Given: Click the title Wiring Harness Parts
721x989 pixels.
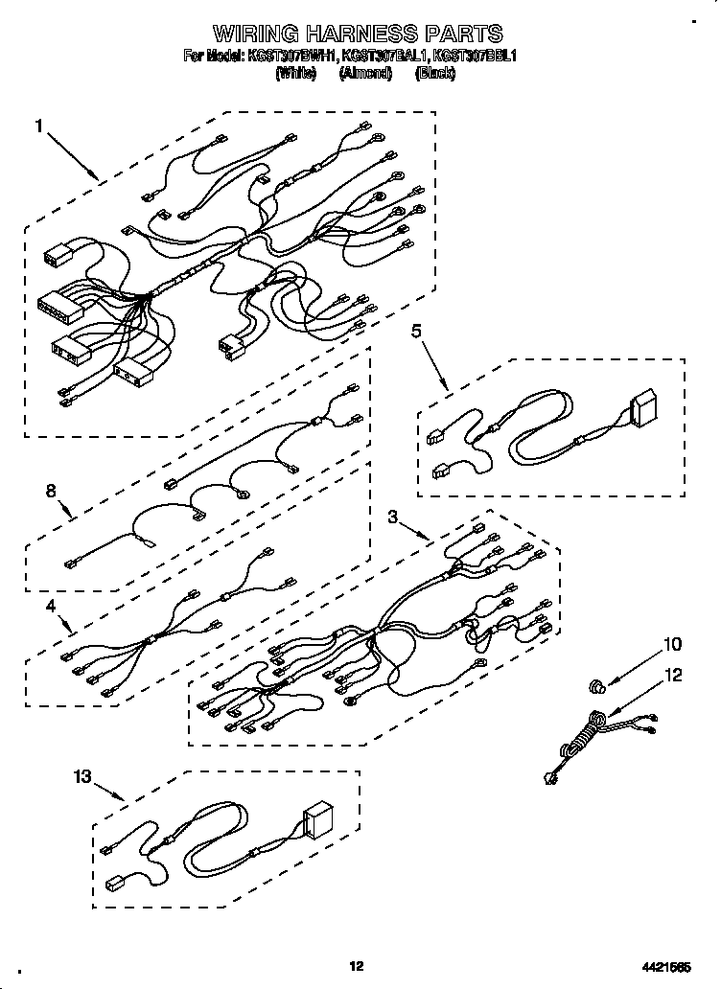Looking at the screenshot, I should pos(357,35).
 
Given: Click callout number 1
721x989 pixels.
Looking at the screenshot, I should pos(39,126).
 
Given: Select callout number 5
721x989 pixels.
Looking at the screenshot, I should pos(416,332).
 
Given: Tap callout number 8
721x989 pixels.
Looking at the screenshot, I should pos(51,492).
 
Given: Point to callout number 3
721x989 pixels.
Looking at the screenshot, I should pos(392,517).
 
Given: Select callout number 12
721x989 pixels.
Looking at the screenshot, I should pos(673,676).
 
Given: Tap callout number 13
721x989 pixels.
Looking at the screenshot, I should pos(84,776).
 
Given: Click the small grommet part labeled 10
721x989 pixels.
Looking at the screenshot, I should pos(597,685).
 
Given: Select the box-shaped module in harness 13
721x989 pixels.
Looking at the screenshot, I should pos(317,820).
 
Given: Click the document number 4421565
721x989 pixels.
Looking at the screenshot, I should pos(667,967).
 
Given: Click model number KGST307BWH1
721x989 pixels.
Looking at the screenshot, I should pos(288,57).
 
